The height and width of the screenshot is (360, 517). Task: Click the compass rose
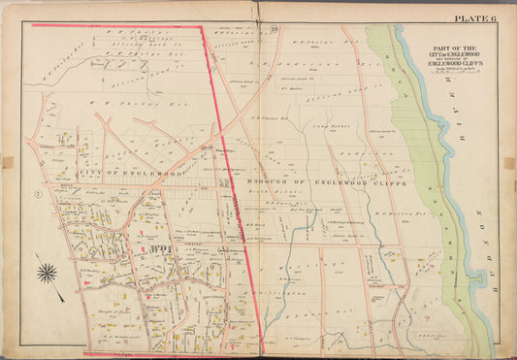click(x=47, y=273)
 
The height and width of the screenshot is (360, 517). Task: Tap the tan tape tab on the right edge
click(x=509, y=163)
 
